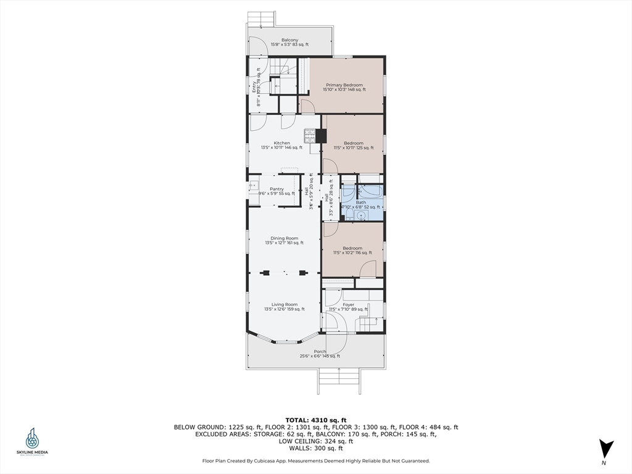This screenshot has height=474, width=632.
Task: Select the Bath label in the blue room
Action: [x=361, y=202]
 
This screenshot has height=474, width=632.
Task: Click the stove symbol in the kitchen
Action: [x=309, y=135]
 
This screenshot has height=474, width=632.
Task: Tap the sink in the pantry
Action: [x=253, y=185]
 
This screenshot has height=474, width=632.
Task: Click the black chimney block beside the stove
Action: [x=321, y=135]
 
